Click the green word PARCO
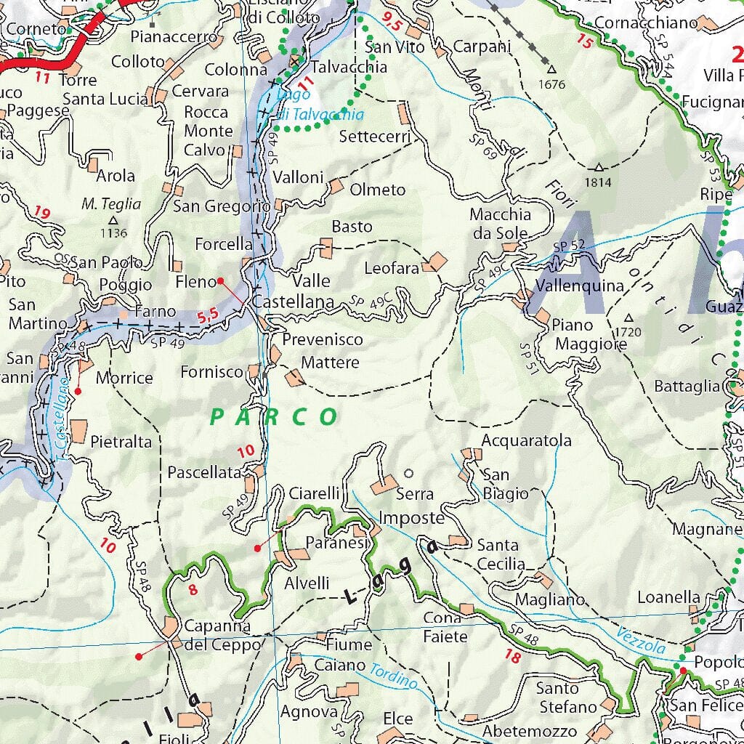pos(274,417)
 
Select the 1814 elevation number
pos(599,182)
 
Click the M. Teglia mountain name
pos(111,205)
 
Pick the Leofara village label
pos(392,268)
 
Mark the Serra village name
pos(415,494)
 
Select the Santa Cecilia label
pos(499,554)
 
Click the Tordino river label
pos(393,676)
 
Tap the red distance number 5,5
pos(207,315)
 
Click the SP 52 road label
pos(568,246)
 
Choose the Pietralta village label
pos(121,441)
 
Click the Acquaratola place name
pos(526,440)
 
